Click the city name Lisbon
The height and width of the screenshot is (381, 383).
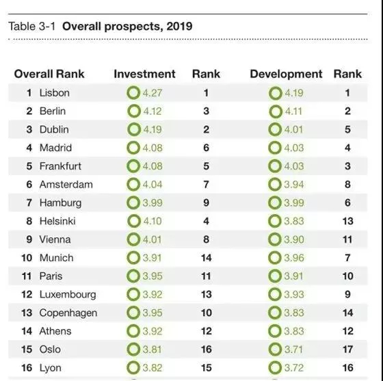pos(55,93)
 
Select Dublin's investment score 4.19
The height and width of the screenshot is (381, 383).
pos(153,129)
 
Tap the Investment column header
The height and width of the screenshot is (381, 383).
pos(144,74)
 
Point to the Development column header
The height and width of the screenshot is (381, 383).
pos(286,75)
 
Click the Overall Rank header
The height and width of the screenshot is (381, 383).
pos(49,74)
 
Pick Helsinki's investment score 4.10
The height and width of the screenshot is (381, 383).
pos(153,221)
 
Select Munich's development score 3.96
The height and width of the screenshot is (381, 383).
pos(294,258)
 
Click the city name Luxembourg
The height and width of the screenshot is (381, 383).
pos(68,295)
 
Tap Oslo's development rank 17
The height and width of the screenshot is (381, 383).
pos(348,350)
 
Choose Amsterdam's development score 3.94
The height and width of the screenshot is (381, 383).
pos(294,185)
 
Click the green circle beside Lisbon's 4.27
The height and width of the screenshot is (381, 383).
pos(133,93)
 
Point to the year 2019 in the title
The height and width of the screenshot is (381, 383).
pos(179,26)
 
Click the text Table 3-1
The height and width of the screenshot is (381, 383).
pos(32,26)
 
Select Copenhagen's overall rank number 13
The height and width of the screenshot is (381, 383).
pos(27,313)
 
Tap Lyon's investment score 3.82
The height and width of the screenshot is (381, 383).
pos(153,368)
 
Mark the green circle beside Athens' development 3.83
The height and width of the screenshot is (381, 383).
pos(275,331)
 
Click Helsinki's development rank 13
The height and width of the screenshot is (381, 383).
pos(348,221)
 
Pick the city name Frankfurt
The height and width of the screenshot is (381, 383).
pos(60,166)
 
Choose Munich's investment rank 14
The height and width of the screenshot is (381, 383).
pos(207,258)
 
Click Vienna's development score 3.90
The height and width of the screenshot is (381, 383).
pos(294,239)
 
